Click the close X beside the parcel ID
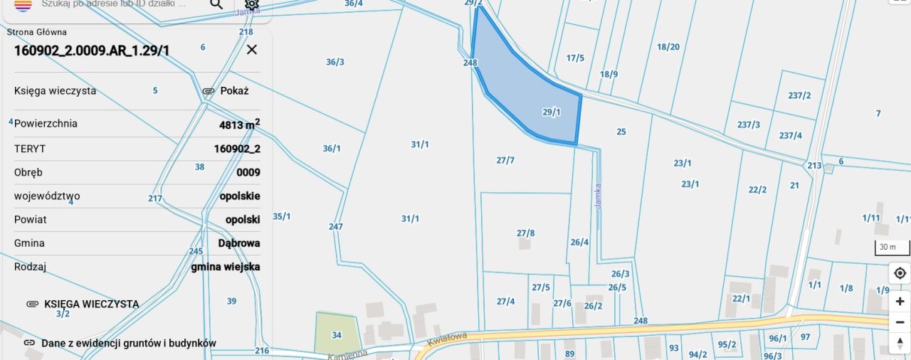coord(251,50)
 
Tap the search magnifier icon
coord(216,4)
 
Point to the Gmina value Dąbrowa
coord(239,243)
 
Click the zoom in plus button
coord(900,301)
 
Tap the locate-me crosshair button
coord(900,273)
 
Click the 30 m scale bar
coord(892,248)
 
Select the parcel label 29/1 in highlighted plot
coord(552,112)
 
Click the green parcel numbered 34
coord(337,334)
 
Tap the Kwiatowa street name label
coord(447,339)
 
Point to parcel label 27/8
coord(525,233)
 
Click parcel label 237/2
coord(799,95)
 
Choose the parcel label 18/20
coord(668,48)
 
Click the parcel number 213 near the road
coord(814,166)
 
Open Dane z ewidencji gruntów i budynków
coord(128,343)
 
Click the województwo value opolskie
coord(240,196)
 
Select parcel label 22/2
coord(757,190)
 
